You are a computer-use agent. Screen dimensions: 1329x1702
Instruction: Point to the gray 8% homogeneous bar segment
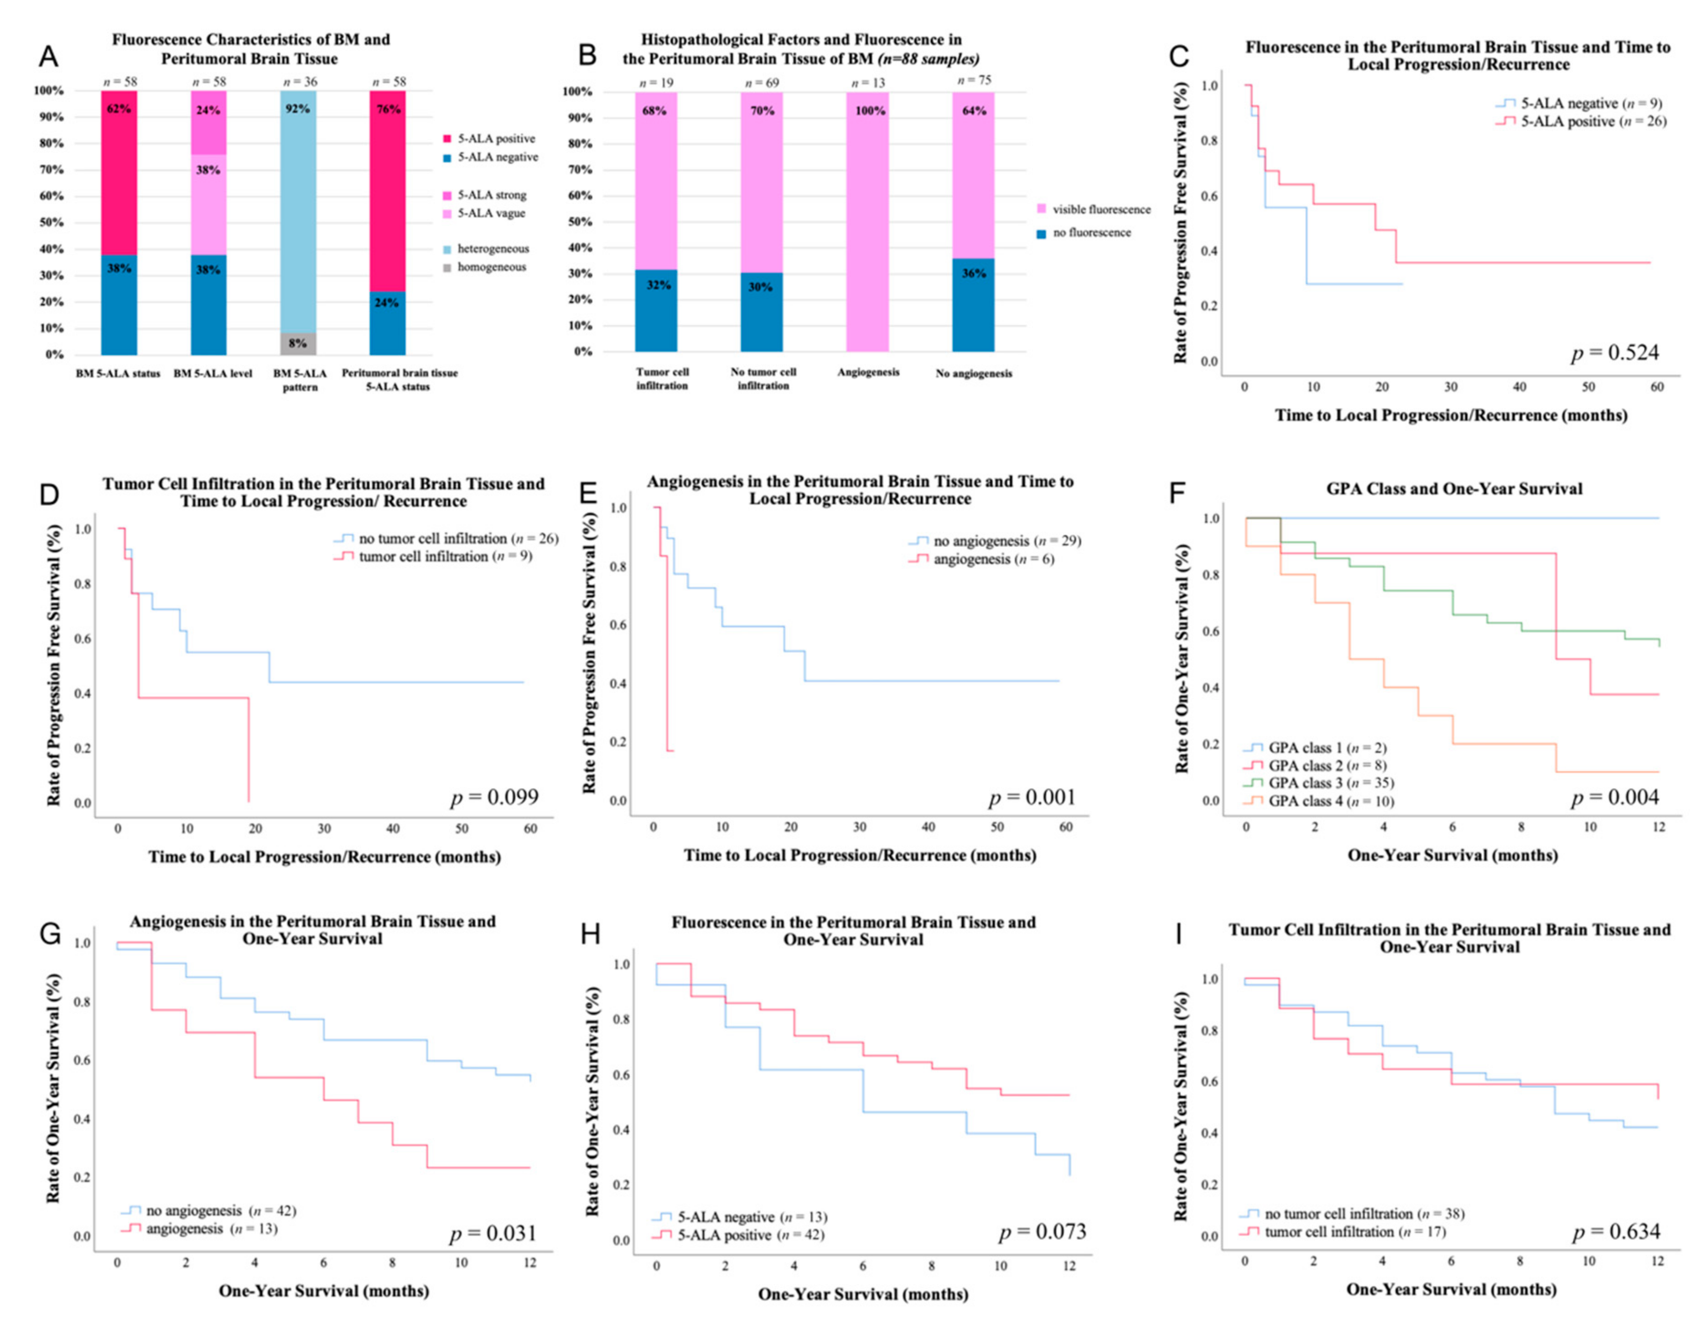tap(298, 344)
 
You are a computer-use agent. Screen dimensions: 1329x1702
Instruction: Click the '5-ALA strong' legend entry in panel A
tap(492, 195)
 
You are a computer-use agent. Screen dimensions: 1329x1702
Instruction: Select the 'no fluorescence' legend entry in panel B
tap(1091, 232)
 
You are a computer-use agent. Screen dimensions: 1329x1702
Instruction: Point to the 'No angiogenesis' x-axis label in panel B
tap(974, 373)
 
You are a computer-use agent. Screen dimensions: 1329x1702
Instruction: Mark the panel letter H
tap(591, 933)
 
